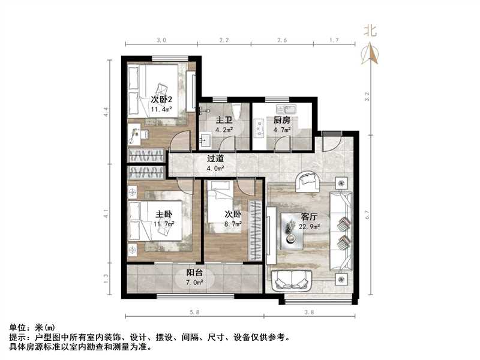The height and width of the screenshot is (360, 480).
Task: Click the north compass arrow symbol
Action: pyautogui.click(x=371, y=55)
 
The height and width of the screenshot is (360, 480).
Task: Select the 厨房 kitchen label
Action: pyautogui.click(x=282, y=120)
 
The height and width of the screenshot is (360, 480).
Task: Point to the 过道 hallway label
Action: pyautogui.click(x=215, y=160)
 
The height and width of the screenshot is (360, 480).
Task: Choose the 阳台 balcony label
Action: pyautogui.click(x=193, y=272)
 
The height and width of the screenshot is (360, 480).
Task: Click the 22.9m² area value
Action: pyautogui.click(x=310, y=226)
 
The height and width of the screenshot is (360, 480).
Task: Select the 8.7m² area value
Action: pyautogui.click(x=233, y=224)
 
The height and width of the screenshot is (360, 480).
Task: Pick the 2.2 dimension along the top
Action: pyautogui.click(x=224, y=41)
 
